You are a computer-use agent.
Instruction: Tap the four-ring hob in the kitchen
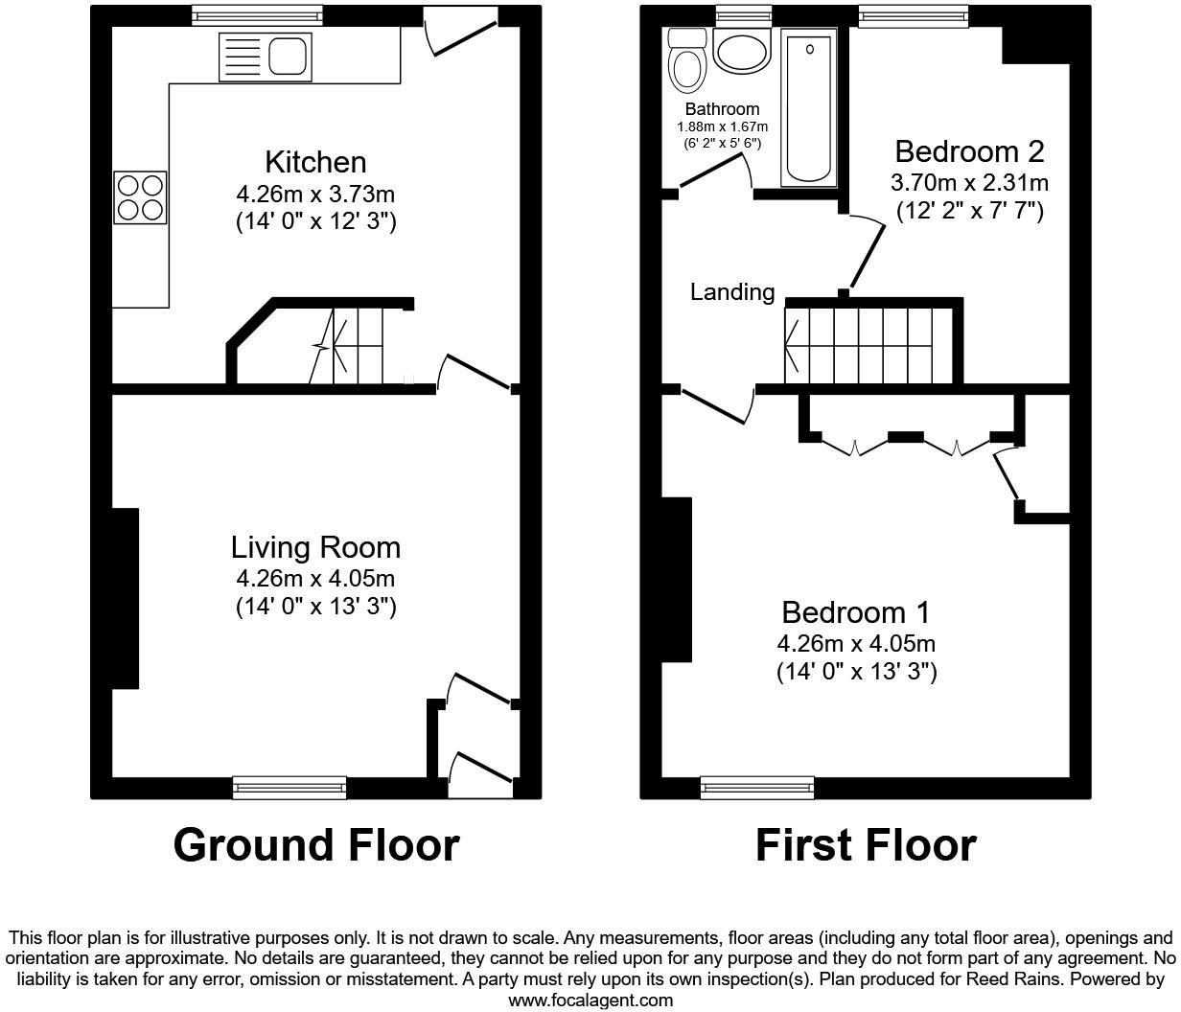[x=140, y=196]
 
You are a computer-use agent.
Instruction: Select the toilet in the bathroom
[x=686, y=59]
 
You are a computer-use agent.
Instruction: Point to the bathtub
[x=809, y=106]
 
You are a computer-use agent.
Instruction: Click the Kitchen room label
[x=315, y=162]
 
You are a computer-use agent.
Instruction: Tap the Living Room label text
[x=315, y=547]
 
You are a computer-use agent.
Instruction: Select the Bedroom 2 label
[x=969, y=151]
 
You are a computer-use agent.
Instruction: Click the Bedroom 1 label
[x=855, y=612]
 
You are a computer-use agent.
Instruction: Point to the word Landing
[x=732, y=292]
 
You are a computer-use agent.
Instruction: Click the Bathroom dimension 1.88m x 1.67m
[x=722, y=126]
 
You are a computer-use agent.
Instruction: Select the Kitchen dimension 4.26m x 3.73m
[x=315, y=195]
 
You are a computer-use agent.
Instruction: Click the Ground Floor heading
[x=316, y=845]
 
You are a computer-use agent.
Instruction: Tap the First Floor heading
[x=866, y=845]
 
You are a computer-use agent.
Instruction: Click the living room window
[x=289, y=788]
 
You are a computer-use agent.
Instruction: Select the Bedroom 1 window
[x=757, y=788]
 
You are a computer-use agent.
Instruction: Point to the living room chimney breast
[x=126, y=598]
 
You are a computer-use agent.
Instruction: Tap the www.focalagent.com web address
[x=590, y=1000]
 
